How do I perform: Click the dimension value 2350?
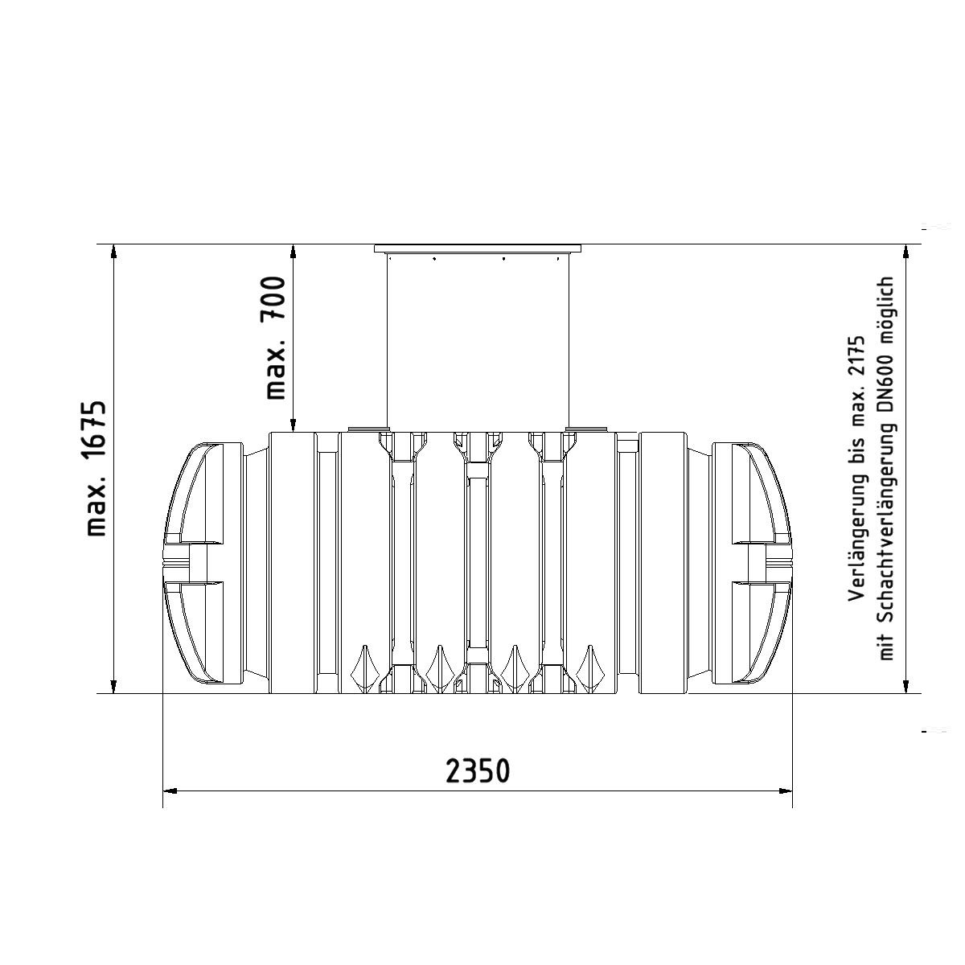pyautogui.click(x=477, y=770)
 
